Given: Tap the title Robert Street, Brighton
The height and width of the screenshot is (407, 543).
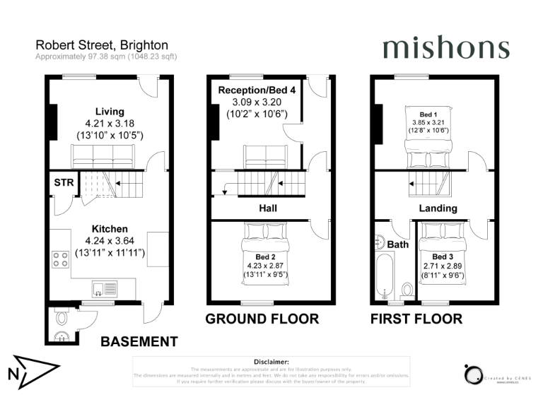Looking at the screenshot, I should [x=102, y=45].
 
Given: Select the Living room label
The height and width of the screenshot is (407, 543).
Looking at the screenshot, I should [x=110, y=111].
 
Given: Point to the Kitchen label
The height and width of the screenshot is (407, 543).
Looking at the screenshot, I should [x=110, y=229].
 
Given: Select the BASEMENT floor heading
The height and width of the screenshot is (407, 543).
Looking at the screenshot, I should [x=139, y=342].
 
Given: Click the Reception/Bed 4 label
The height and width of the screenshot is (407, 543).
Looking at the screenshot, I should [x=257, y=90].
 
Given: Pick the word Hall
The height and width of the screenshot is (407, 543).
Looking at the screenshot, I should [x=267, y=208].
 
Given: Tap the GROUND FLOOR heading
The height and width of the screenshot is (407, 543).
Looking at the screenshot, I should [x=262, y=319].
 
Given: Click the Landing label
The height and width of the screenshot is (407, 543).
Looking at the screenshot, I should [x=438, y=208].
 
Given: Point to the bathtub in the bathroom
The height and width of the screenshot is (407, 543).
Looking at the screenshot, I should [x=386, y=278].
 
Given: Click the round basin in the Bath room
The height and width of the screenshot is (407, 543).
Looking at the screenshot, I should [x=380, y=241].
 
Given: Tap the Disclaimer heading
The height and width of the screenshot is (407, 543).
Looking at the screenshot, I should [x=271, y=361].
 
